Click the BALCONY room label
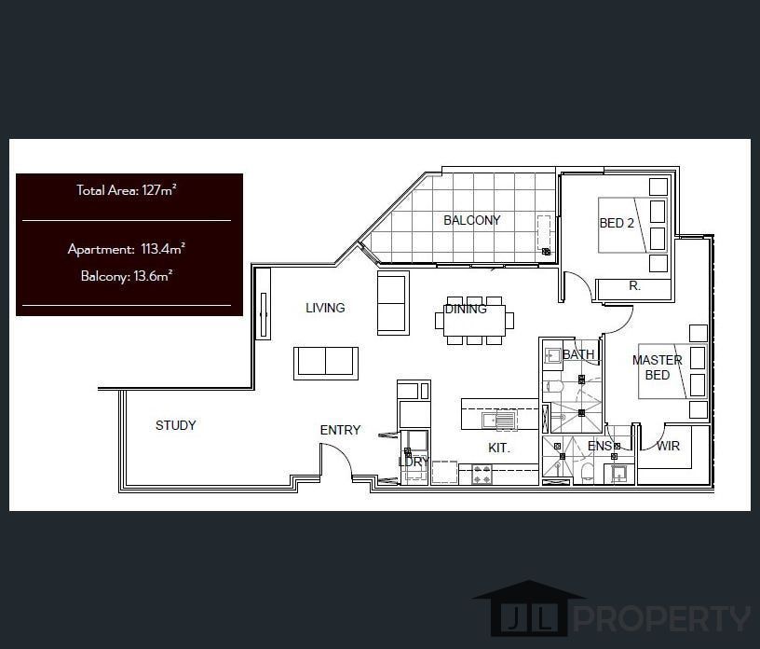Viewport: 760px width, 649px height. pos(471,220)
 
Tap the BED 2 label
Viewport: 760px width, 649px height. pos(616,223)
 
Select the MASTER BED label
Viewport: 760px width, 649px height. pos(657,367)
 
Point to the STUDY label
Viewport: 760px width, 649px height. pos(175,425)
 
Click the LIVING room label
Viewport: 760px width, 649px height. pos(325,308)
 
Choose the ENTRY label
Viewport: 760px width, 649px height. pos(340,430)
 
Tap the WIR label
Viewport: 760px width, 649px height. pos(668,446)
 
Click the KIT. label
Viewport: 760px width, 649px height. pos(499,448)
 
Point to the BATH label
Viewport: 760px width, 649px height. pos(578,354)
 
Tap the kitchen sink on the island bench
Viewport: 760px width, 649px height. pos(498,421)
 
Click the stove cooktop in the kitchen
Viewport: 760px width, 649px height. pos(482,474)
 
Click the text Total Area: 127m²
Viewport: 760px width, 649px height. pos(127,190)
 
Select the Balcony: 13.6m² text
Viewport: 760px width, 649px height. pos(127,275)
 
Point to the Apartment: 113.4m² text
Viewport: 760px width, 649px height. pos(126,249)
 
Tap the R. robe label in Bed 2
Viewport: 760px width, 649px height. pos(634,286)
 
